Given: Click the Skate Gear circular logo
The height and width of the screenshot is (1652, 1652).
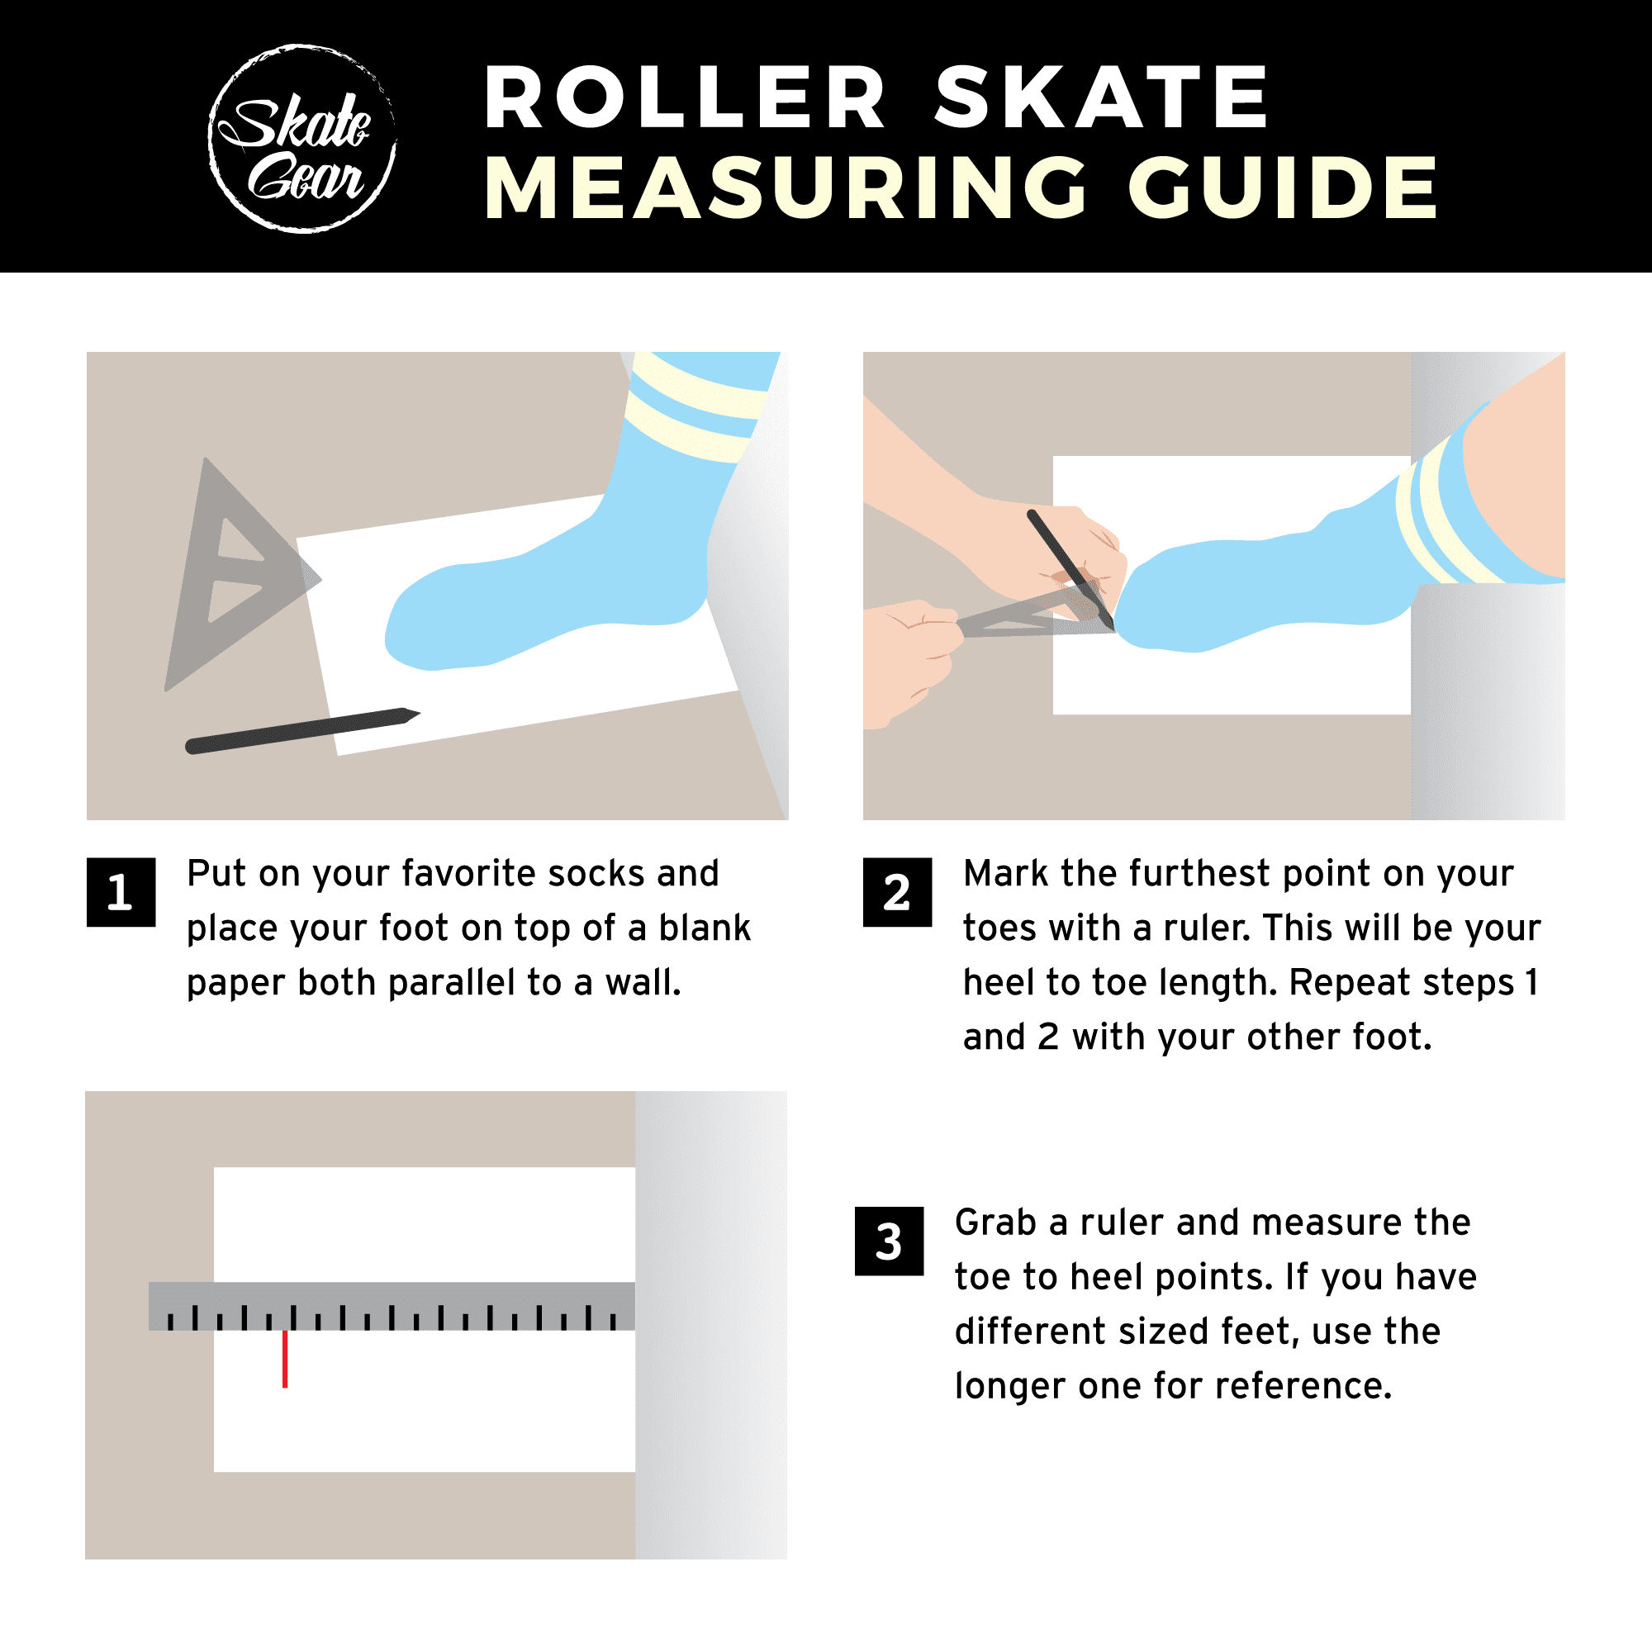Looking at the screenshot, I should tap(301, 138).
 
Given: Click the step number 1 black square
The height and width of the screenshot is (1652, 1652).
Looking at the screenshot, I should tap(121, 892).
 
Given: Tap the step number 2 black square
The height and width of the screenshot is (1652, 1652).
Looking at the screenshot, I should tap(897, 892).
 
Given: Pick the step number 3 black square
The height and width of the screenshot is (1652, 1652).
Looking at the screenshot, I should tap(889, 1241).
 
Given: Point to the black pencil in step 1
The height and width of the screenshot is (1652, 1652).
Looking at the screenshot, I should tap(299, 731).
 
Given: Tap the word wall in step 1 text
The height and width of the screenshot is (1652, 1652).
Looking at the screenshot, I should tap(641, 982).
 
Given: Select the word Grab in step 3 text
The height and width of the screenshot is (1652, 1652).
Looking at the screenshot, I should tap(995, 1222).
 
